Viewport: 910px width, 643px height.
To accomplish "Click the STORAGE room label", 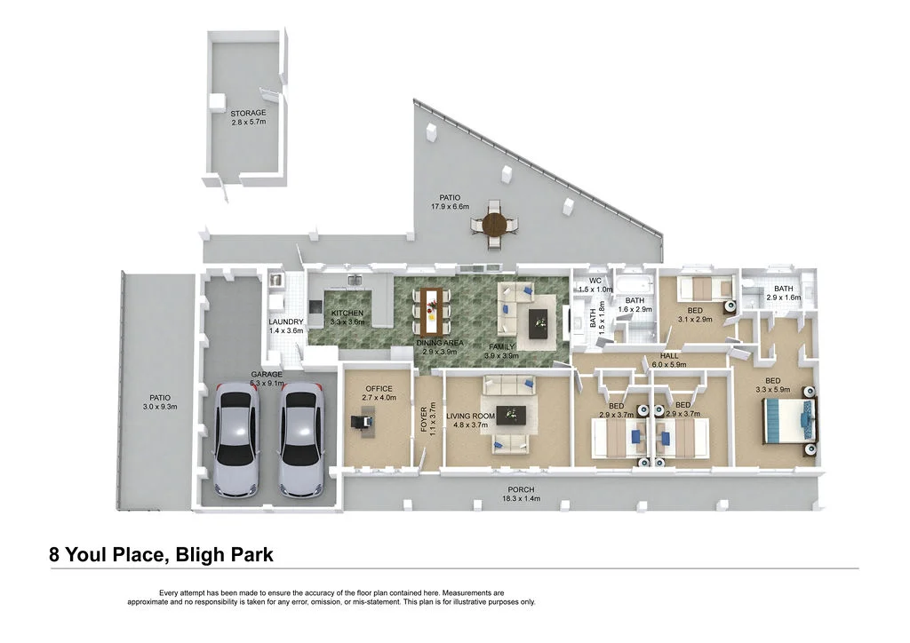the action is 249,114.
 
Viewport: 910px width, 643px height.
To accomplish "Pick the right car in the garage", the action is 300,439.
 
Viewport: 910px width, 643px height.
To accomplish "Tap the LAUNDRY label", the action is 286,321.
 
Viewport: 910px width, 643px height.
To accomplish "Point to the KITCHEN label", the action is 347,314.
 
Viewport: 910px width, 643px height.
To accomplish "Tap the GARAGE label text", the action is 267,375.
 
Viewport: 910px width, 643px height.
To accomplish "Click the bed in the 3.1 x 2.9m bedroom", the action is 704,290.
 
